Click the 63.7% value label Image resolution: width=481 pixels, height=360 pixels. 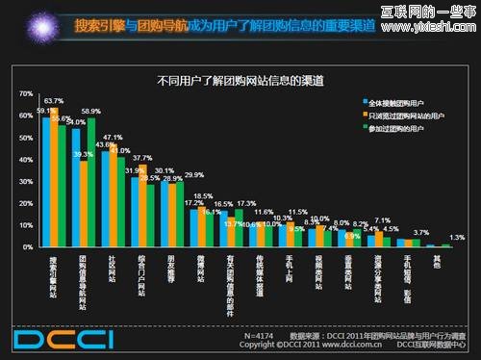point(54,101)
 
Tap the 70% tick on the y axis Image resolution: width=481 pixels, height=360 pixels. point(26,93)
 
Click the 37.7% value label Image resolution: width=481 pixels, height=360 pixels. point(141,158)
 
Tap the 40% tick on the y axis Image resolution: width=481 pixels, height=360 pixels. point(26,160)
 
